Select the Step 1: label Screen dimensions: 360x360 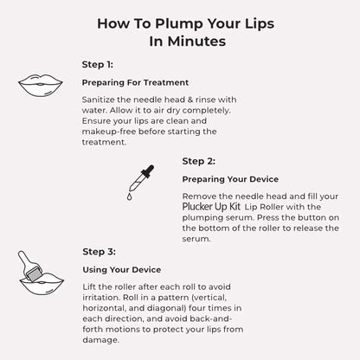(x=96, y=63)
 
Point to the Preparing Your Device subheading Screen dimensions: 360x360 (x=230, y=180)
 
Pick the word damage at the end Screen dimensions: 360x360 (x=103, y=340)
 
